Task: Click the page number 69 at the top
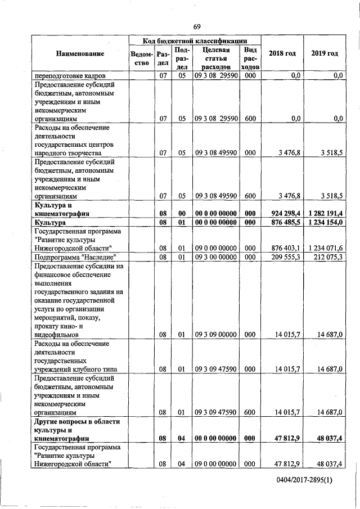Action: click(196, 27)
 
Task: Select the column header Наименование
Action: click(80, 53)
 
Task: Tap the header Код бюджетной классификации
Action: click(194, 41)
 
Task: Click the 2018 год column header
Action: click(282, 53)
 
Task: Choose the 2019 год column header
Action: click(325, 53)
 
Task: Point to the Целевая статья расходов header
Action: click(214, 58)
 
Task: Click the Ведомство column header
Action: click(141, 58)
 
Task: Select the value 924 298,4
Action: click(283, 214)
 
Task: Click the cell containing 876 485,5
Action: click(283, 223)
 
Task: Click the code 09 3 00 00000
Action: click(215, 257)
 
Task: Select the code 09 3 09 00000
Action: click(215, 335)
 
